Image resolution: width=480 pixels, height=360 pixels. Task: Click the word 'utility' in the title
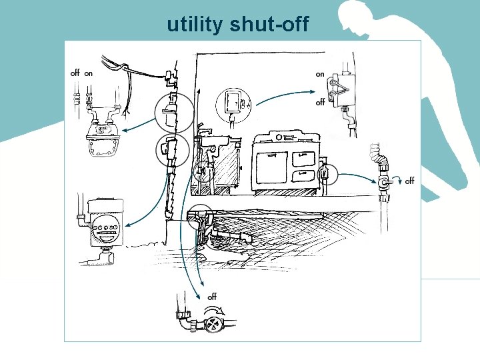point(195,25)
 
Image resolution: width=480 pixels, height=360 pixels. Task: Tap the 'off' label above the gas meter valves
point(74,73)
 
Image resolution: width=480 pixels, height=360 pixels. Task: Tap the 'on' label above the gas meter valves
point(89,73)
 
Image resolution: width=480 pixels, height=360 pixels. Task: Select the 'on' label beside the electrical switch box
point(320,74)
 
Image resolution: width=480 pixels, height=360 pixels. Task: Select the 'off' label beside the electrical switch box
point(321,102)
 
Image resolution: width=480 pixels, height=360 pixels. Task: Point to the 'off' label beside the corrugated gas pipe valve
point(409,181)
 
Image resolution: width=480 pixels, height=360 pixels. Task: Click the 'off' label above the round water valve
point(212,296)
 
